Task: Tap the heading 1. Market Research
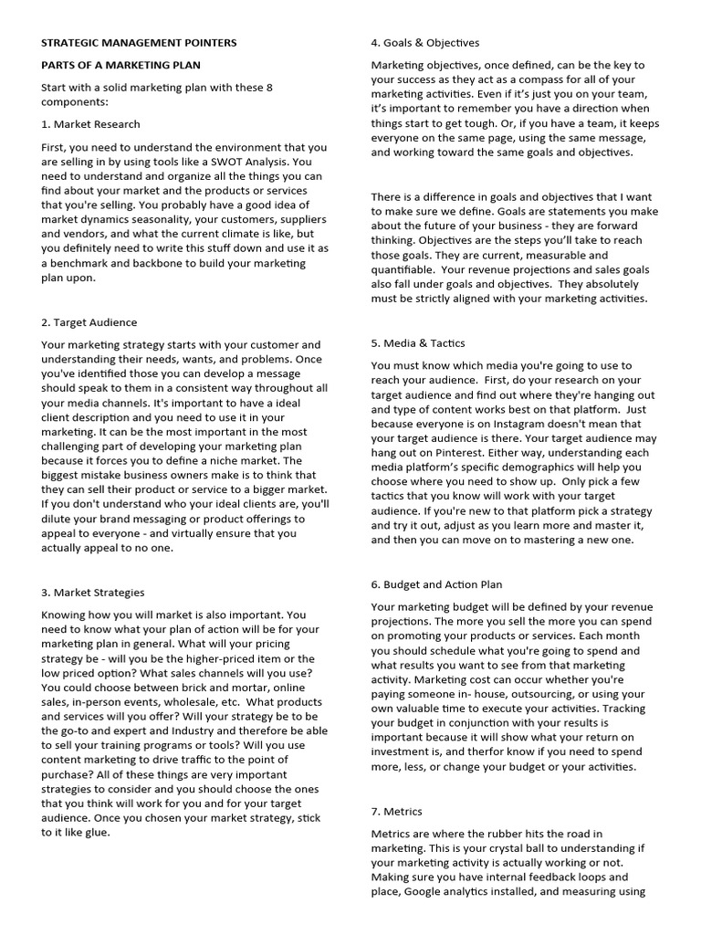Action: tap(90, 123)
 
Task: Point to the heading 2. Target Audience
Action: tap(89, 322)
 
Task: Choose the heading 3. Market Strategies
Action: tap(92, 593)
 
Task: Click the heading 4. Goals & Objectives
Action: tap(424, 42)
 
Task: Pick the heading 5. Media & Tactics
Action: tap(418, 343)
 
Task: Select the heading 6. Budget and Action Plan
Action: tap(436, 584)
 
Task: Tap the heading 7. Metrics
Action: tap(396, 811)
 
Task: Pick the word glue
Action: tap(96, 833)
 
